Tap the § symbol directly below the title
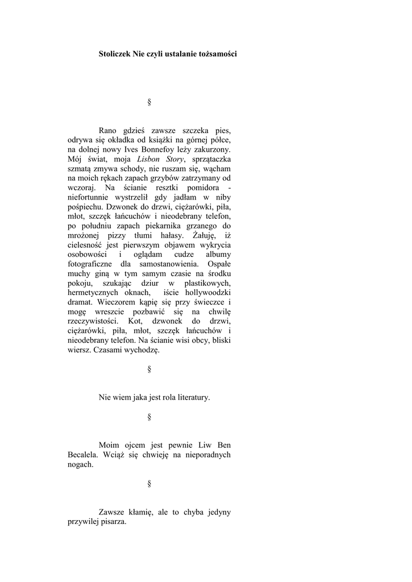(x=149, y=102)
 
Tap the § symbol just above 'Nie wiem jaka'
(x=149, y=369)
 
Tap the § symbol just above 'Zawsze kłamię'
(x=149, y=484)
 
